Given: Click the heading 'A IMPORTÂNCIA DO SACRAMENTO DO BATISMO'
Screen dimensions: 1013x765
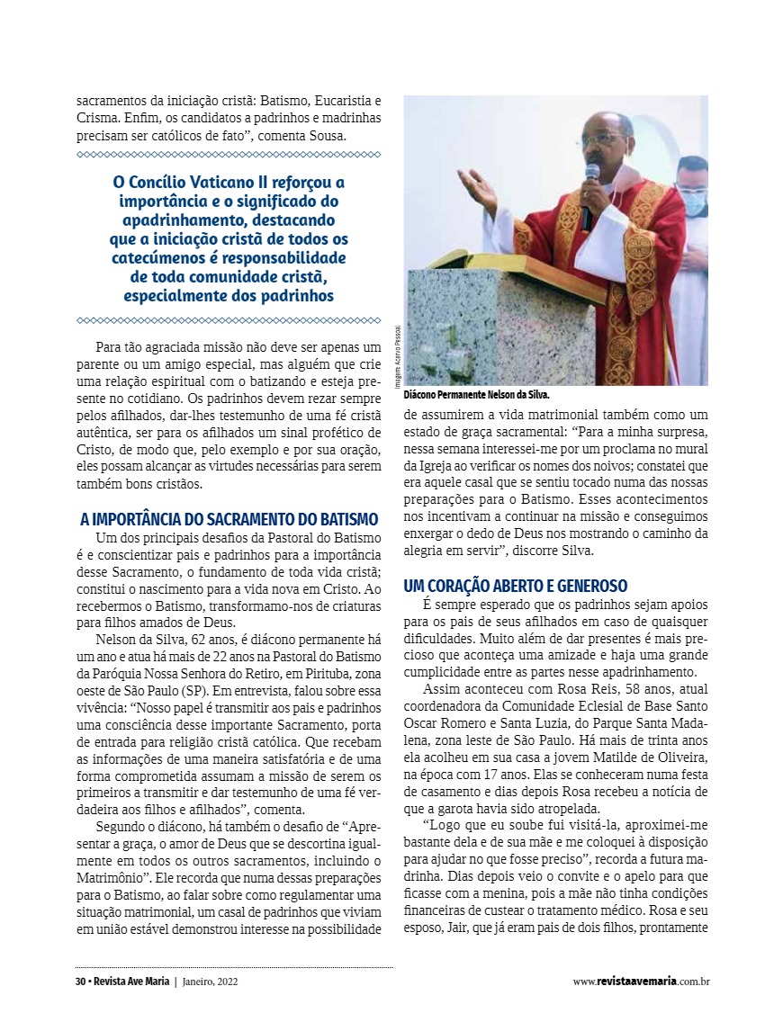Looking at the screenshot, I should [229, 519].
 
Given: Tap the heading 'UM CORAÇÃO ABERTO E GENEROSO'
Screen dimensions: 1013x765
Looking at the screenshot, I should [516, 586].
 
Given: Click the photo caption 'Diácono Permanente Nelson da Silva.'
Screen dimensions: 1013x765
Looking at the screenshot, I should [476, 395].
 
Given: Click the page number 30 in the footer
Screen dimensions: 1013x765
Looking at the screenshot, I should [80, 982].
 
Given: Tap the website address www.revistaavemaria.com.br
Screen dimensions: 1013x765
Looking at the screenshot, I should [641, 982].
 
